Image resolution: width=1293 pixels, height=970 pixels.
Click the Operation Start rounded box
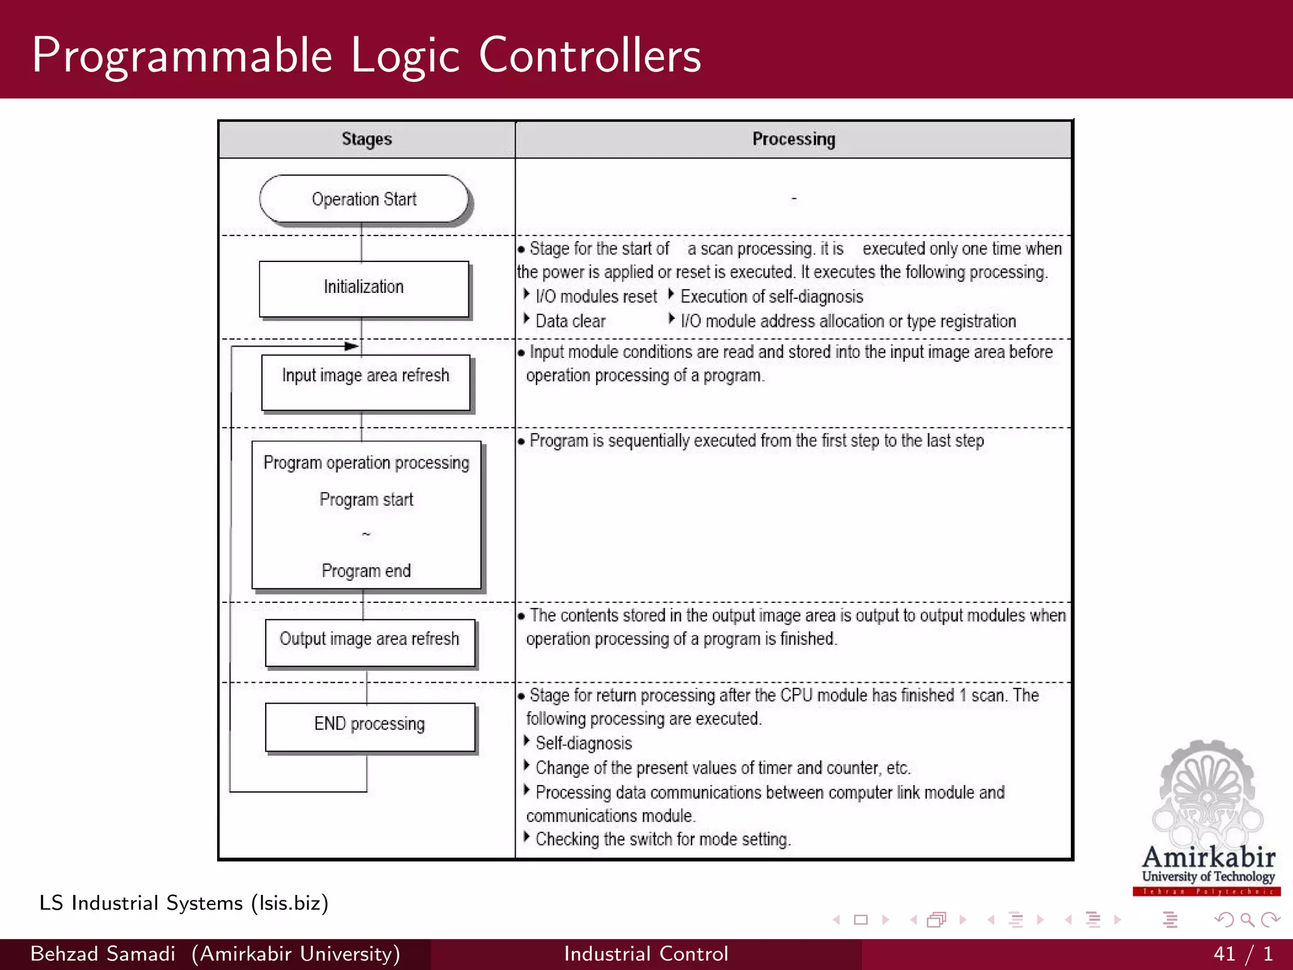[x=364, y=199]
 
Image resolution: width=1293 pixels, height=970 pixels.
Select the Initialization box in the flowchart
[x=364, y=287]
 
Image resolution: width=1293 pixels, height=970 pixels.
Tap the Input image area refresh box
[x=366, y=381]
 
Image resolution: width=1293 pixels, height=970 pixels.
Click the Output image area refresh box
[x=369, y=642]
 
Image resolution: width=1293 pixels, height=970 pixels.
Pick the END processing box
[x=369, y=726]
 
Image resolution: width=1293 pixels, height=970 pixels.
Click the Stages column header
[x=367, y=139]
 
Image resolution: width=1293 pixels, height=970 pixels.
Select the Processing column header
[x=794, y=139]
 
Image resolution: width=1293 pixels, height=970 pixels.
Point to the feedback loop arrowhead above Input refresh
[x=351, y=346]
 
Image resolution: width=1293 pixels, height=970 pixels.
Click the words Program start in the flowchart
[x=366, y=500]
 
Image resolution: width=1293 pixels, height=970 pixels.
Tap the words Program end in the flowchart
[x=366, y=571]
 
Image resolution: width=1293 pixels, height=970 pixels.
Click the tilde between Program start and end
[x=366, y=534]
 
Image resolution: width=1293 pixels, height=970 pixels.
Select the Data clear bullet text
[x=570, y=321]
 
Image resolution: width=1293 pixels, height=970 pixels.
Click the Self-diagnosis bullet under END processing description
[x=583, y=743]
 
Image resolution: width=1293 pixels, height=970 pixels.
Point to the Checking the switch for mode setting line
[x=663, y=839]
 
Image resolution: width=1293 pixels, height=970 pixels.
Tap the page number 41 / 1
[x=1242, y=954]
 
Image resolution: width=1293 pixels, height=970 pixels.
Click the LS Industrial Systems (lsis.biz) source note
[x=184, y=903]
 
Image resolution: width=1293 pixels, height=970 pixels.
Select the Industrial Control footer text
[x=646, y=954]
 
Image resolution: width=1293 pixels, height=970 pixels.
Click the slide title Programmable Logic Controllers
[x=366, y=56]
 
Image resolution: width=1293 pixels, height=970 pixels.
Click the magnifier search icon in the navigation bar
[x=1247, y=919]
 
